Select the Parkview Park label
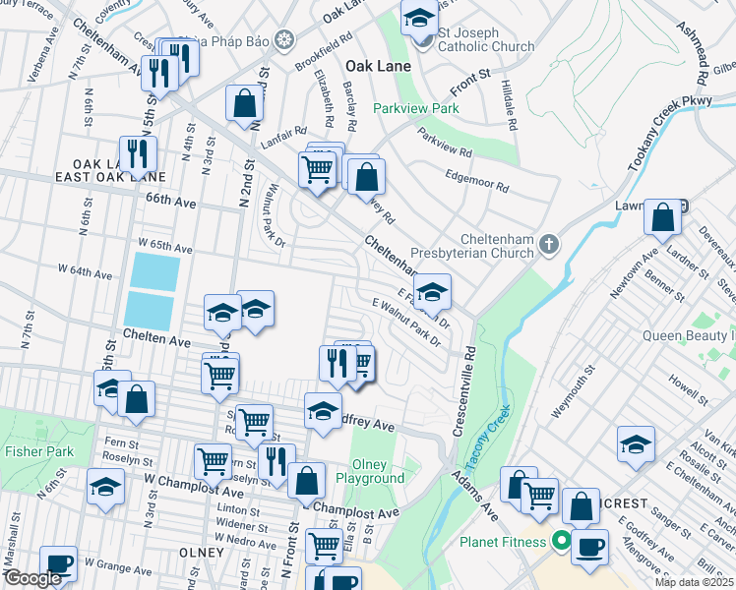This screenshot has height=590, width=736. (x=415, y=109)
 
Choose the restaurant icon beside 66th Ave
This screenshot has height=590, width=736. (x=138, y=152)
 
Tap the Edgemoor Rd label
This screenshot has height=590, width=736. (x=476, y=180)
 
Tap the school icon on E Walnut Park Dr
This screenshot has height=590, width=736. (x=431, y=291)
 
